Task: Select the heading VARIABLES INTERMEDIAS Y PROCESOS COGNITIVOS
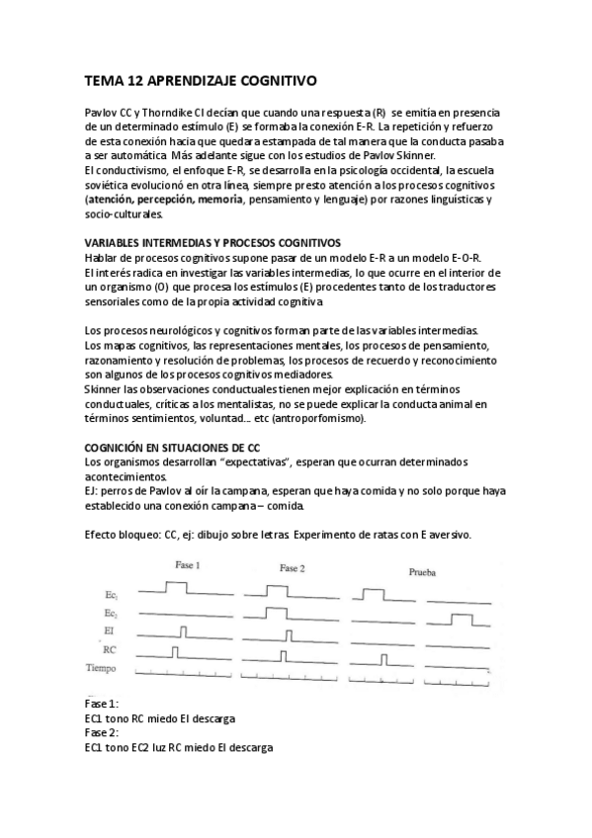(x=212, y=242)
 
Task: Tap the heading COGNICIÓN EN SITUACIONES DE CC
(x=172, y=448)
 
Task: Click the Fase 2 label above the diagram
(x=293, y=569)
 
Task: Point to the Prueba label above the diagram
(x=424, y=571)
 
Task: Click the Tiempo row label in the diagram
(x=104, y=669)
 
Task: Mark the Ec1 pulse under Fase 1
(x=176, y=587)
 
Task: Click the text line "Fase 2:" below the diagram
(x=102, y=733)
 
